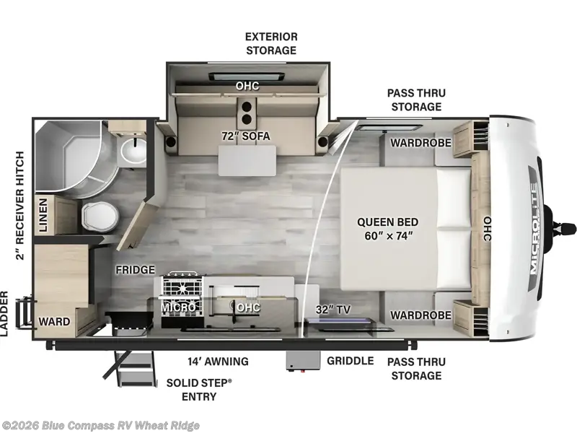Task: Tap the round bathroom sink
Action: coord(133,152)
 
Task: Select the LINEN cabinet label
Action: coord(43,215)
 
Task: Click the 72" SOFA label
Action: coord(245,136)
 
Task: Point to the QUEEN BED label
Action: coord(388,222)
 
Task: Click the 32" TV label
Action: coord(332,310)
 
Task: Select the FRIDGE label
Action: coord(135,270)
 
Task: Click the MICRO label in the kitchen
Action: coord(178,307)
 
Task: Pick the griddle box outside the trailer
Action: coord(302,361)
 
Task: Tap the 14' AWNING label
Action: coord(218,362)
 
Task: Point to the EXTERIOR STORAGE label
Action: coord(271,43)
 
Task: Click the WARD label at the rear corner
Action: coord(54,322)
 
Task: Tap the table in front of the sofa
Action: coord(247,160)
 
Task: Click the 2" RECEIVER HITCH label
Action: coord(19,206)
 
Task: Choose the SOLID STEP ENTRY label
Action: coord(199,390)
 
